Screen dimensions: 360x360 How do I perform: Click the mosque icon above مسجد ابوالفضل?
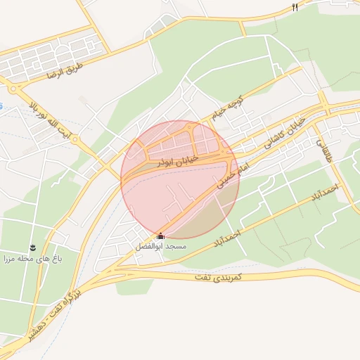pos(160,236)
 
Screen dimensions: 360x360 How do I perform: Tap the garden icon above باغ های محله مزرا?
pos(32,247)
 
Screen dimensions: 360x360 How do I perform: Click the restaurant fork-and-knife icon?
pos(295,7)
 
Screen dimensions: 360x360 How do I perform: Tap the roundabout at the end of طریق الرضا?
pos(13,89)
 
